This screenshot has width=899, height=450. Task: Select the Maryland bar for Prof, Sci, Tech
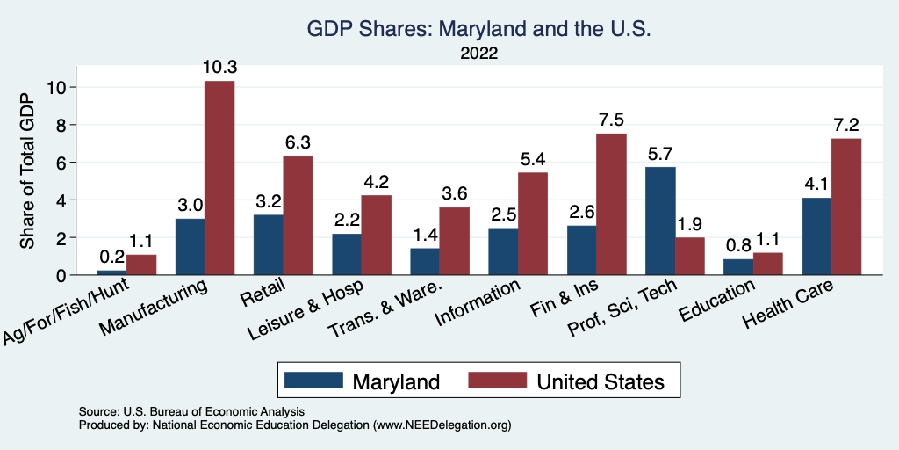click(x=660, y=221)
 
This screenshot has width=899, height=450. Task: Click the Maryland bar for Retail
click(x=268, y=244)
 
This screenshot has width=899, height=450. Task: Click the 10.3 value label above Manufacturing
click(x=220, y=68)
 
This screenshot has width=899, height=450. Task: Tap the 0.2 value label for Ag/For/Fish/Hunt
click(x=111, y=258)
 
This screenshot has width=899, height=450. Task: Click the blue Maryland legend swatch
click(x=313, y=381)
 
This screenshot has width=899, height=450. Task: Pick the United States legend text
click(x=601, y=381)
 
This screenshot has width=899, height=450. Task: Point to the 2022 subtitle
click(x=478, y=54)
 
